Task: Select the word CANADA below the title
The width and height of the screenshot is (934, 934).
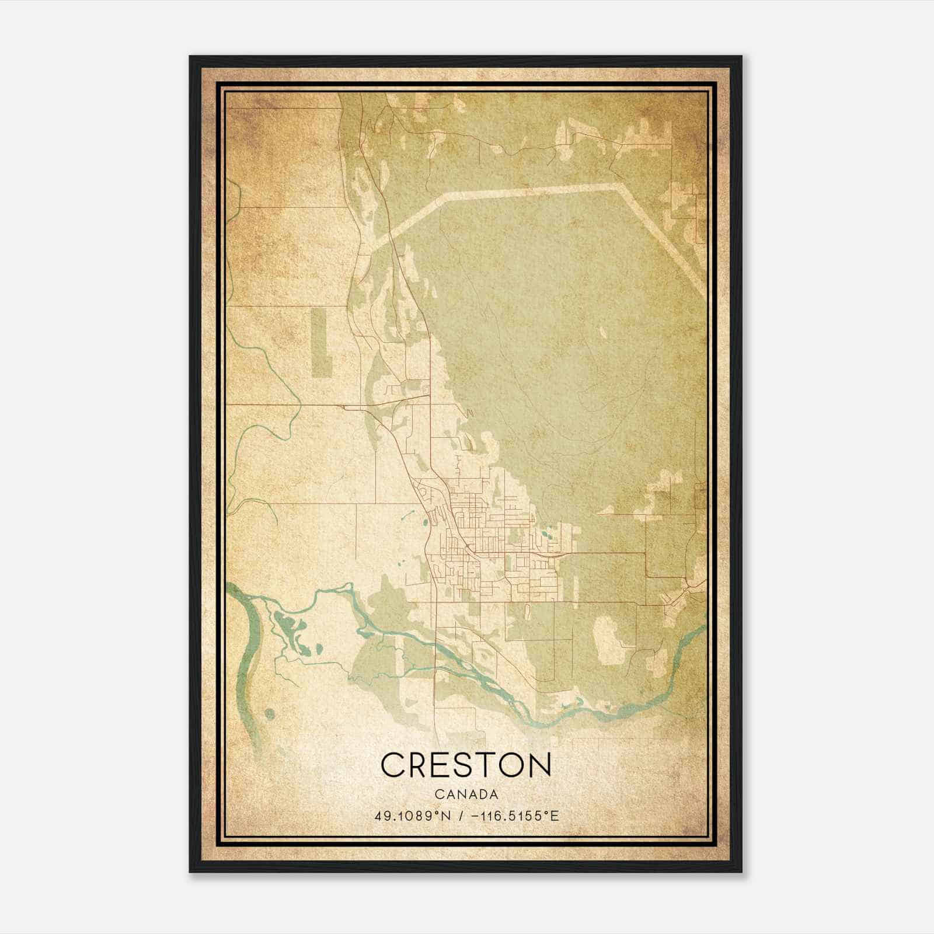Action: click(466, 794)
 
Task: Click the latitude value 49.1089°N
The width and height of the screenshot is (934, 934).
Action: click(412, 815)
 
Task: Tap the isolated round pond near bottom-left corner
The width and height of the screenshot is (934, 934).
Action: click(269, 713)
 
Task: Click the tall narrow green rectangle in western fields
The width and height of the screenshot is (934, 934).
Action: click(320, 341)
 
